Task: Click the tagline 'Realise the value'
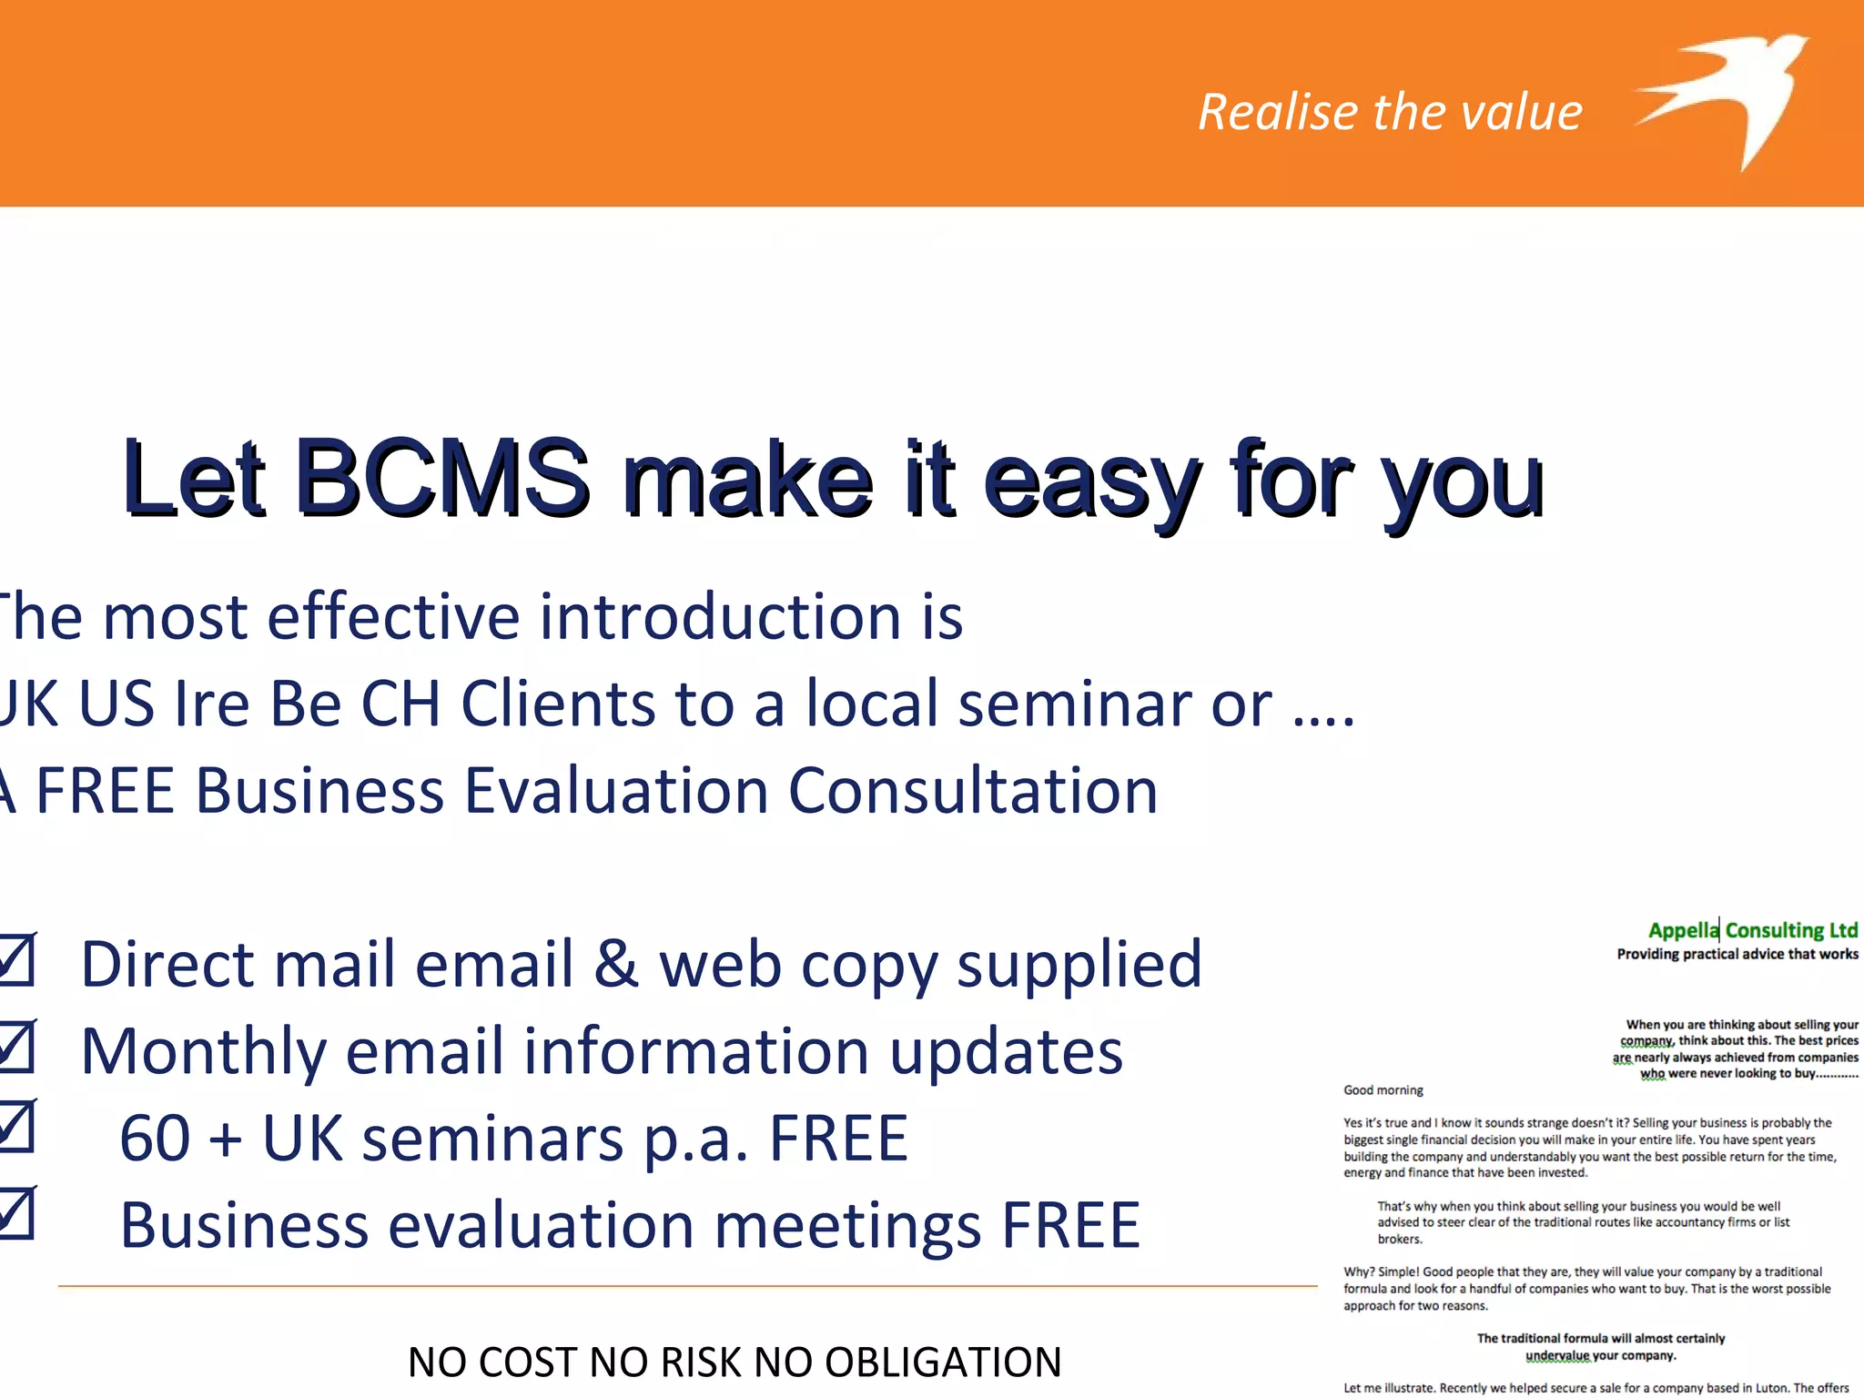click(x=1390, y=112)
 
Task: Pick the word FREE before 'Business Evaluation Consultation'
click(x=104, y=790)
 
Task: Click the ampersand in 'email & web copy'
click(x=616, y=965)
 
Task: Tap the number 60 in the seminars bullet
click(x=155, y=1139)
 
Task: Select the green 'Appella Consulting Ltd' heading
click(x=1752, y=930)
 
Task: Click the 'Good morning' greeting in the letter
click(x=1383, y=1090)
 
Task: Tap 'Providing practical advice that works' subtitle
click(x=1737, y=954)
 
